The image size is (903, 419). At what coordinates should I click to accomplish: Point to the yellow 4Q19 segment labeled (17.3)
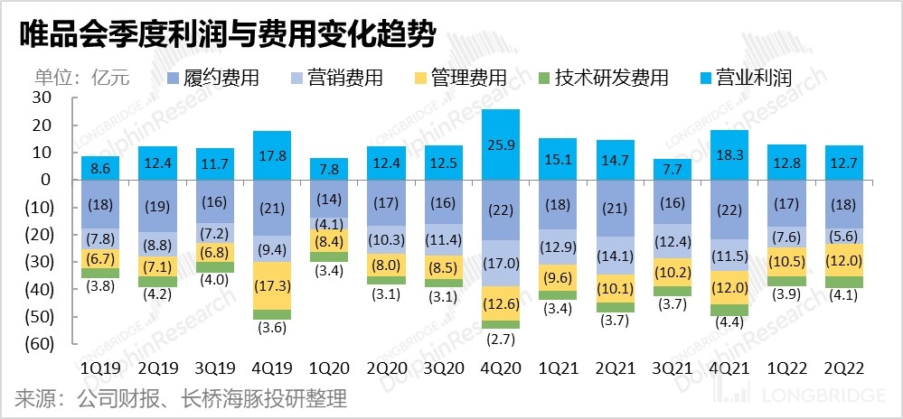pyautogui.click(x=272, y=285)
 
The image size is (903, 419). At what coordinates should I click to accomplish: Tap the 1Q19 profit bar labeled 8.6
pyautogui.click(x=100, y=168)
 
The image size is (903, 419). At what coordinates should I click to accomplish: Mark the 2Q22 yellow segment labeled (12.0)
pyautogui.click(x=851, y=259)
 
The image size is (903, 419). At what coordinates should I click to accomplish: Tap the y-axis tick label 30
pyautogui.click(x=41, y=98)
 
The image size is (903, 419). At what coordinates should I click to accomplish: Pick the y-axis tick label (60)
pyautogui.click(x=35, y=344)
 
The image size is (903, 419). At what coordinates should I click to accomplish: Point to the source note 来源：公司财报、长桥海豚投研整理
pyautogui.click(x=181, y=398)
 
